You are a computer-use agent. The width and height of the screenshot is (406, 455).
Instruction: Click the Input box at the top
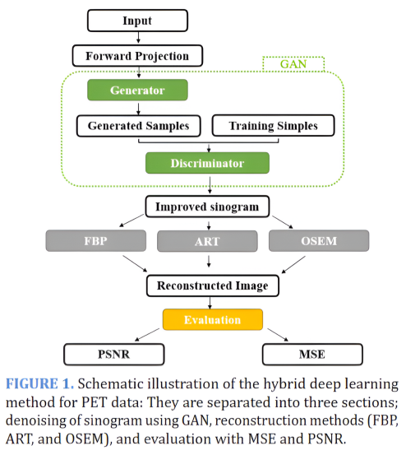tap(138, 20)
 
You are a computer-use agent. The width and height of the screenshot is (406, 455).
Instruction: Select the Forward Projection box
tap(138, 57)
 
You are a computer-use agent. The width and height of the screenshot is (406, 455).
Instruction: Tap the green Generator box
tap(138, 89)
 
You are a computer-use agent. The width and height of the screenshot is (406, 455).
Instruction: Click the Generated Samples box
tap(138, 126)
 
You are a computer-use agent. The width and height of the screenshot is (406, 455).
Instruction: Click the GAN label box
tap(293, 63)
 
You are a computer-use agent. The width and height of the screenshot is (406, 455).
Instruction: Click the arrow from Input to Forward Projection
tap(138, 39)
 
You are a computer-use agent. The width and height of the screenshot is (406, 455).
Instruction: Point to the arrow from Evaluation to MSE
tap(274, 337)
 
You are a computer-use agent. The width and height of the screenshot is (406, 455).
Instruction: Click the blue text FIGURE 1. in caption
tap(39, 385)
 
